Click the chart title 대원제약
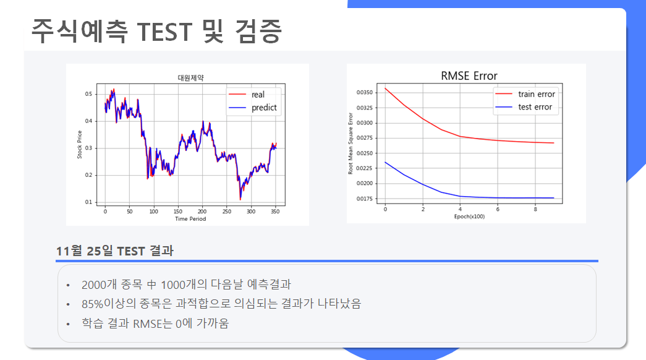point(190,77)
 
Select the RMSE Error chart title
point(469,76)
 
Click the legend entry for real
point(247,95)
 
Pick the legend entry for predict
point(253,108)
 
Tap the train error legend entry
point(525,94)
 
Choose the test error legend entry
point(524,107)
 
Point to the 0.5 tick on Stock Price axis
point(88,94)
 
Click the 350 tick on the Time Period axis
point(275,212)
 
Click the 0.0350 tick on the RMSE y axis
point(365,92)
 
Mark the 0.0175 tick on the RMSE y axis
point(365,199)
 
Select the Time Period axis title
point(190,219)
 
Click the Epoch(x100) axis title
point(469,216)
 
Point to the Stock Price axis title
point(80,144)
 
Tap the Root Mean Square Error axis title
point(351,144)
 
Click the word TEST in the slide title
point(164,32)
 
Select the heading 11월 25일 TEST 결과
point(115,251)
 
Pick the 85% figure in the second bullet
point(92,304)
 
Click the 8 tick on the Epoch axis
point(535,209)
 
